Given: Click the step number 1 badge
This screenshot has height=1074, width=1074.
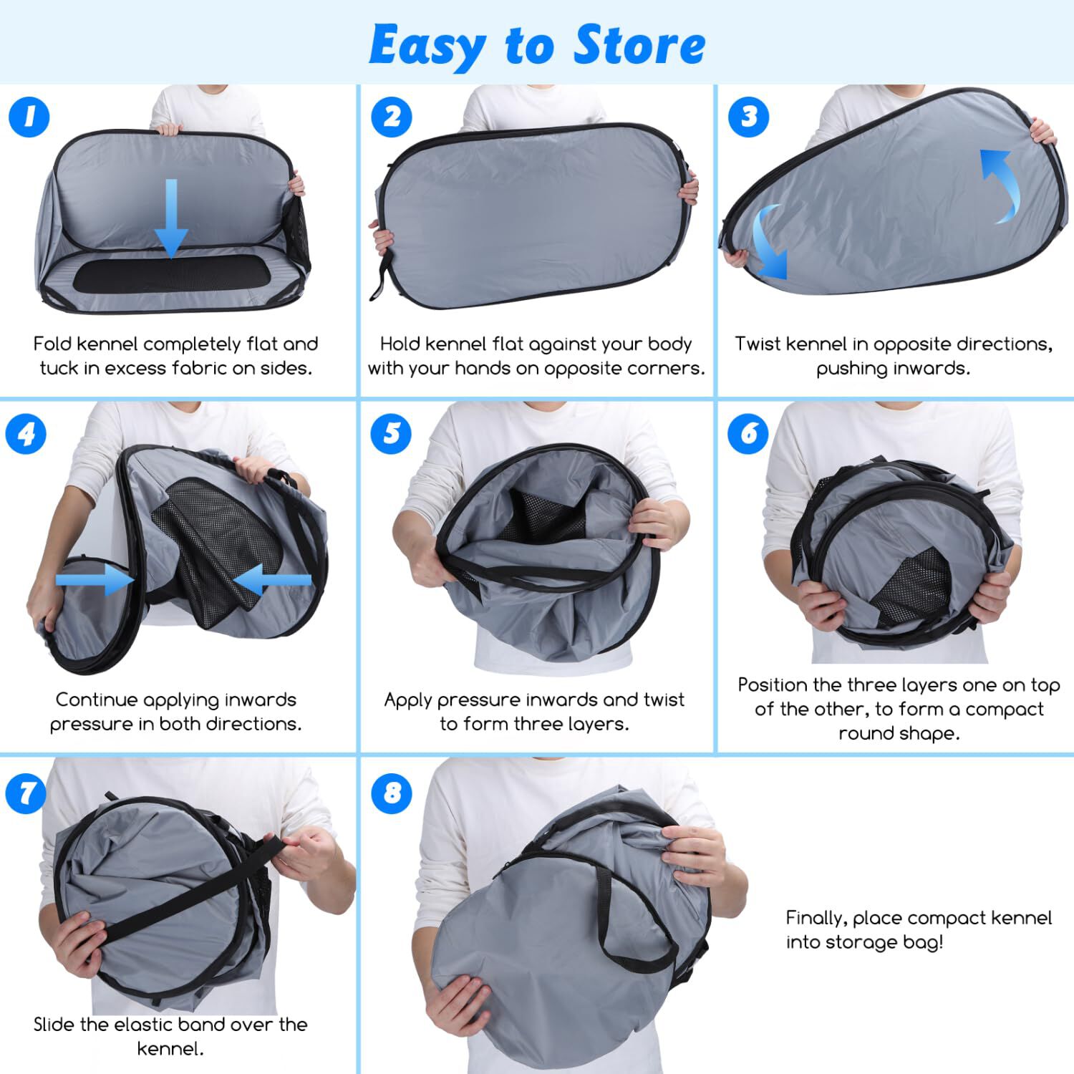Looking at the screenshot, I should pos(29,117).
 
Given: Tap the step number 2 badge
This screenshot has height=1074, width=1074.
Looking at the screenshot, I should pos(392,117).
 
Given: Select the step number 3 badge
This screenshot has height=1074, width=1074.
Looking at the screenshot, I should pos(749,117).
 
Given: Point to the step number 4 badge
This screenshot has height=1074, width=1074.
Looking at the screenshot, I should pos(26,434).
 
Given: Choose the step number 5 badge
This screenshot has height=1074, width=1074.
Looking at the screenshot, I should pos(392,434).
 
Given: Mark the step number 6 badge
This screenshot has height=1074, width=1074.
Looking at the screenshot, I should pos(749,434).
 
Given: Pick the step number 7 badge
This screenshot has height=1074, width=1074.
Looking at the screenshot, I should pos(26,793).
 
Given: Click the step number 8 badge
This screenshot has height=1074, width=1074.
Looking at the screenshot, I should pos(392,793).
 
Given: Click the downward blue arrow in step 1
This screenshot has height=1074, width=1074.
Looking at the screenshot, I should pos(171,218).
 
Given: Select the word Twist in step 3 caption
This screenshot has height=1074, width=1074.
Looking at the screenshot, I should pos(758,344).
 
